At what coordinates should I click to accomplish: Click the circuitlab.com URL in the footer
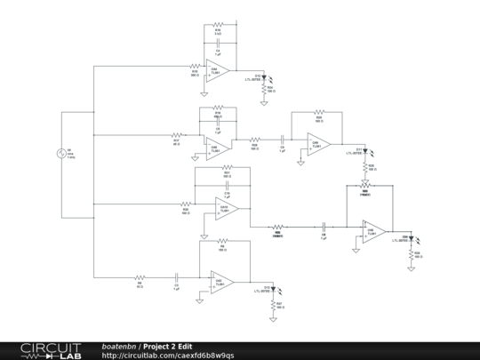[x=168, y=356]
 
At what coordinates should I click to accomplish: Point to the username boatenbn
[x=119, y=346]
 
